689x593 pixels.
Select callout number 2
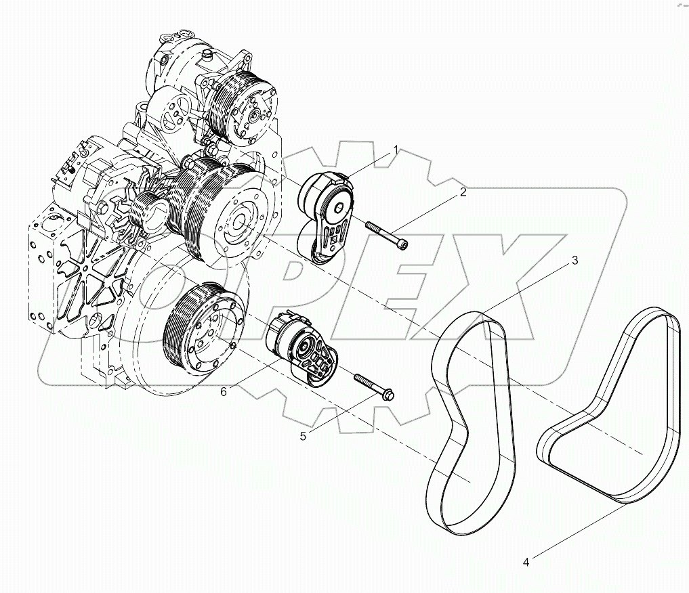pyautogui.click(x=463, y=192)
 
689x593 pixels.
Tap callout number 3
pyautogui.click(x=575, y=261)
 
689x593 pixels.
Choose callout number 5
pyautogui.click(x=303, y=436)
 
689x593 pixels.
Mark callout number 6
pyautogui.click(x=223, y=391)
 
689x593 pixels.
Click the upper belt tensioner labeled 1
pyautogui.click(x=326, y=216)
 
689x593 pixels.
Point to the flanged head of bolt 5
pyautogui.click(x=390, y=395)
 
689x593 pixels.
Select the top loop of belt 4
pyautogui.click(x=654, y=319)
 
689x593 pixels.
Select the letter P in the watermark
pyautogui.click(x=291, y=284)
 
